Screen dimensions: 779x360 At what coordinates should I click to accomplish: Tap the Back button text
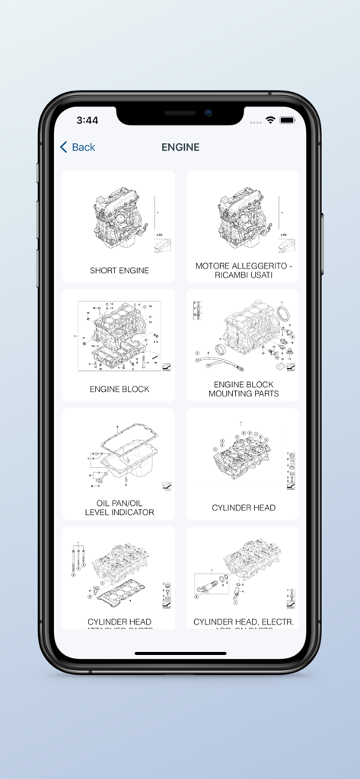[x=84, y=147]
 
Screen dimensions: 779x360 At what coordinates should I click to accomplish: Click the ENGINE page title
[x=180, y=147]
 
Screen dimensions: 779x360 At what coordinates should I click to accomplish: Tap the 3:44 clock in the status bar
[x=88, y=120]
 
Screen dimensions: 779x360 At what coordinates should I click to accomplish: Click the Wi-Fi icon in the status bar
[x=270, y=120]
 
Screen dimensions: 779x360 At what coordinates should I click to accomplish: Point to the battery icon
[x=287, y=120]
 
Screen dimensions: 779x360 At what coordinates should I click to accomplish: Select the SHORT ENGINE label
[x=119, y=270]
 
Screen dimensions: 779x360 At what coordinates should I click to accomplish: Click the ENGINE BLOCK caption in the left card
[x=119, y=389]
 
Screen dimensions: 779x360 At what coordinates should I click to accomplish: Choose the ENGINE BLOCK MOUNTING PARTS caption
[x=244, y=389]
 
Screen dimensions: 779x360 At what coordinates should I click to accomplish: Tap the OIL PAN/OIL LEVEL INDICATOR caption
[x=119, y=507]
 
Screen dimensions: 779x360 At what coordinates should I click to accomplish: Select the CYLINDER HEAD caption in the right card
[x=244, y=507]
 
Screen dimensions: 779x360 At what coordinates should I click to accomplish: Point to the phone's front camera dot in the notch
[x=207, y=113]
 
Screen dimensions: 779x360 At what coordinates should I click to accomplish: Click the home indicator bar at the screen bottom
[x=180, y=653]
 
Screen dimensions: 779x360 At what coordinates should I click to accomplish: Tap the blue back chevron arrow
[x=64, y=147]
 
